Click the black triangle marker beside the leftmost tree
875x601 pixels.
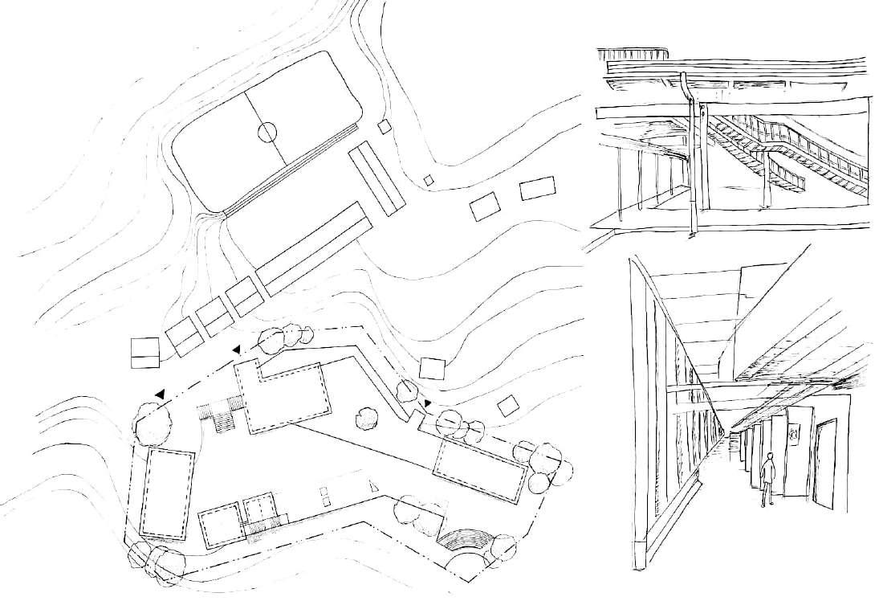click(x=161, y=394)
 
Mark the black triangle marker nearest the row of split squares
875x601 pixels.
click(x=236, y=350)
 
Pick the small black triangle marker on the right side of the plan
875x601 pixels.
click(x=428, y=403)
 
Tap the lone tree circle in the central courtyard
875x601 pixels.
click(x=367, y=415)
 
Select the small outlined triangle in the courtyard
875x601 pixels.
click(x=374, y=485)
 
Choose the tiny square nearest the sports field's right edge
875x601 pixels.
click(x=385, y=126)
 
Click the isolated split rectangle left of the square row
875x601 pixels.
click(x=145, y=352)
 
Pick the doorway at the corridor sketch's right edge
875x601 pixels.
click(x=826, y=464)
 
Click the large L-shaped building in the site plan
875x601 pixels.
click(x=285, y=398)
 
